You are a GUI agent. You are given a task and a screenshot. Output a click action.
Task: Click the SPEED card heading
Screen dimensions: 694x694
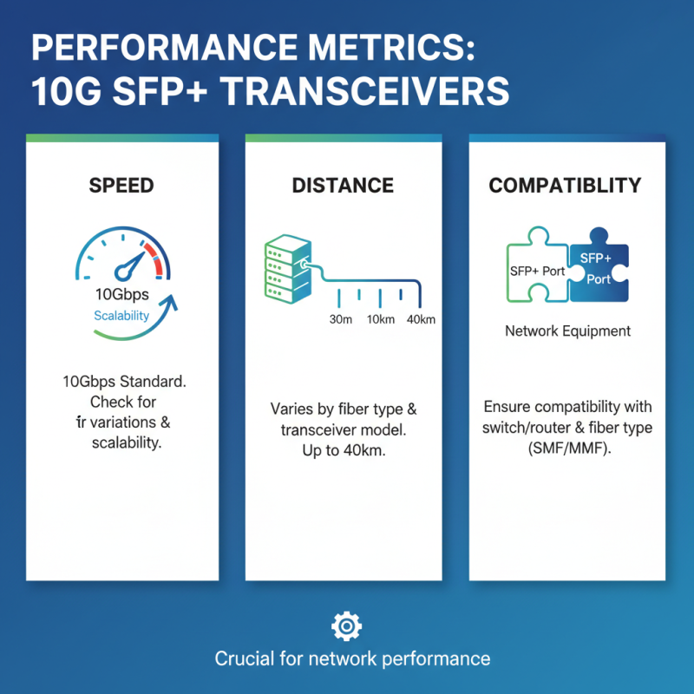pos(121,186)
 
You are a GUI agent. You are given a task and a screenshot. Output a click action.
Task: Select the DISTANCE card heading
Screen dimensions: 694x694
pos(343,186)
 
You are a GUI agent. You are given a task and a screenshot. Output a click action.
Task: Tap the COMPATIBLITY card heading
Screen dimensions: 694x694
pos(565,186)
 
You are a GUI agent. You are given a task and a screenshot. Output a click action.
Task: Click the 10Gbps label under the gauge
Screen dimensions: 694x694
pos(121,294)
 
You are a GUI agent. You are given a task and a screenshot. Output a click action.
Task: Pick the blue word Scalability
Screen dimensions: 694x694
pos(121,315)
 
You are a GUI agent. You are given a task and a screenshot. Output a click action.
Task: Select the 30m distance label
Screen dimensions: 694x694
pos(341,319)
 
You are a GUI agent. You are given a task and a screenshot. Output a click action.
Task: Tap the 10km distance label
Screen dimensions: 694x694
pos(381,319)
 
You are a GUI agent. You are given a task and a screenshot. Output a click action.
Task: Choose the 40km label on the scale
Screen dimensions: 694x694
pos(420,319)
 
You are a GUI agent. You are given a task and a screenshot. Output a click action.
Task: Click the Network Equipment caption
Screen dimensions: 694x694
pos(567,331)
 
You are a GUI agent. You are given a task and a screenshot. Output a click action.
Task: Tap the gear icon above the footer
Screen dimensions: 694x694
pos(346,625)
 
